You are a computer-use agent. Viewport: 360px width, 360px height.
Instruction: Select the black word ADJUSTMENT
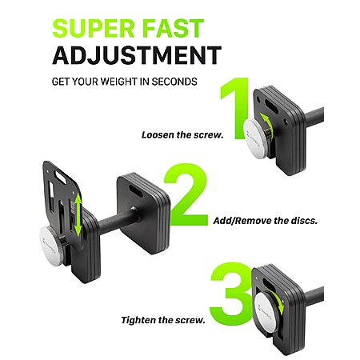(x=137, y=55)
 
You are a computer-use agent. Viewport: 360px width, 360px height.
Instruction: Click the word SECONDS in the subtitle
(x=174, y=82)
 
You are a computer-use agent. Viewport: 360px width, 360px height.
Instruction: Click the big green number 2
(x=186, y=194)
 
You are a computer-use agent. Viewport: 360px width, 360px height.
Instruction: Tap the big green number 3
(x=231, y=294)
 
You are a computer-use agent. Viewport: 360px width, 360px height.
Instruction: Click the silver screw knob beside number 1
(x=256, y=138)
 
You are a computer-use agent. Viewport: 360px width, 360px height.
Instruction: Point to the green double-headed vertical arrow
(x=78, y=215)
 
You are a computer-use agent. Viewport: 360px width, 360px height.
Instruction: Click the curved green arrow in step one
(x=268, y=126)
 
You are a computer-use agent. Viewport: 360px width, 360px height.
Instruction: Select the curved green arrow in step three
(x=278, y=302)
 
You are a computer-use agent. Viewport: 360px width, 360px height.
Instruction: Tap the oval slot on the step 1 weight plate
(x=272, y=106)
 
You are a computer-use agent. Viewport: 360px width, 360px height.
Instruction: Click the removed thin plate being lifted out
(x=62, y=202)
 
